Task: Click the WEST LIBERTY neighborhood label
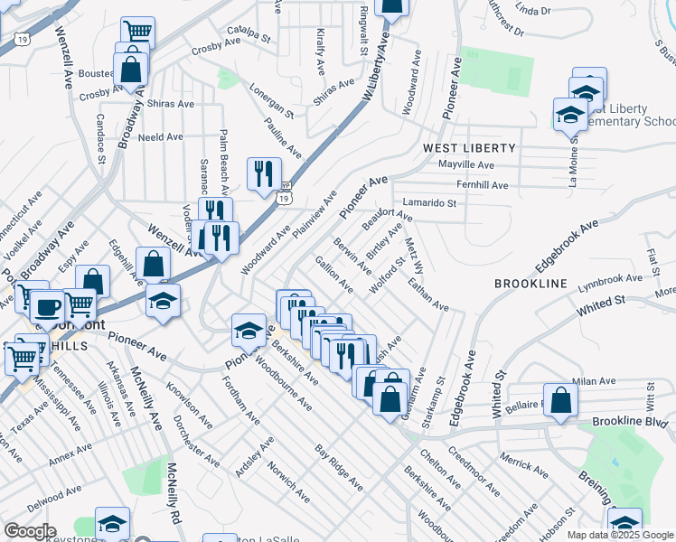coord(469,147)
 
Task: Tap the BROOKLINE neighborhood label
coord(530,284)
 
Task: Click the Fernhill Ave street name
coord(483,184)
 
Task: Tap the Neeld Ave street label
coord(162,137)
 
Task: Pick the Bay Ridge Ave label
coord(339,467)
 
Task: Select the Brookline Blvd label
coord(629,422)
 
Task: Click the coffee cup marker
coord(47,307)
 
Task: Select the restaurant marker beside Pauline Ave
coord(264,174)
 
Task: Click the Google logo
coord(30,531)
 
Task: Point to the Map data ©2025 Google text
coord(619,535)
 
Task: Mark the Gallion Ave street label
coord(333,273)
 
